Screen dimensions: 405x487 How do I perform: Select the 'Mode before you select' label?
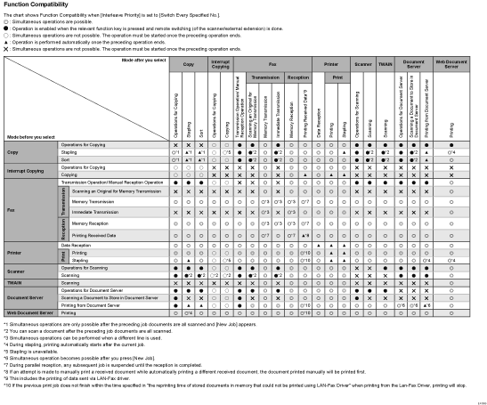[30, 138]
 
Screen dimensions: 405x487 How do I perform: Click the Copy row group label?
[14, 153]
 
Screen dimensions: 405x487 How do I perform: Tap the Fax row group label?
[12, 210]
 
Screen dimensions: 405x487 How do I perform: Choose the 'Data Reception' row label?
[77, 244]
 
